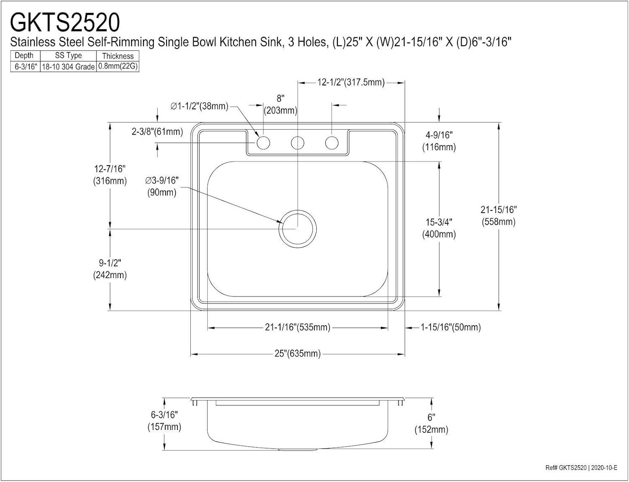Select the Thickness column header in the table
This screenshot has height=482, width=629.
point(117,56)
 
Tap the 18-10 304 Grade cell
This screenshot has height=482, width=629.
point(68,67)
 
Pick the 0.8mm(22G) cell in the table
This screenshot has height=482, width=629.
point(117,66)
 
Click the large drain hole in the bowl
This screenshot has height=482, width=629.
point(297,229)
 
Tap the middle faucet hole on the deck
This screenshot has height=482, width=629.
point(297,143)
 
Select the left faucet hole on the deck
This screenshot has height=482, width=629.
point(263,143)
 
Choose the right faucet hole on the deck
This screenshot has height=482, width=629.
point(332,143)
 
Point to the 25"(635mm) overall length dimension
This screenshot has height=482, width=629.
point(297,354)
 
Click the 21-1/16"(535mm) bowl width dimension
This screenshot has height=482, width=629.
point(297,327)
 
